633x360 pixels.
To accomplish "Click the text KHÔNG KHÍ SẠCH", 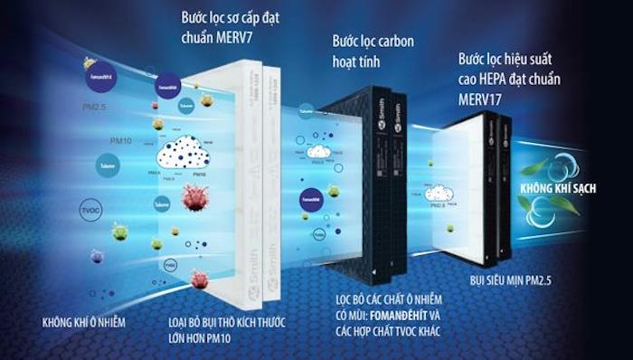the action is click(x=551, y=188).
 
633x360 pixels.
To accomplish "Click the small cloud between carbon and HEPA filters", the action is click(x=439, y=194).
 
